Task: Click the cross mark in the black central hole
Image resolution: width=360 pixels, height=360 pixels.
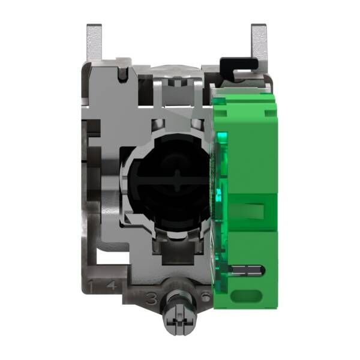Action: tap(175, 184)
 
